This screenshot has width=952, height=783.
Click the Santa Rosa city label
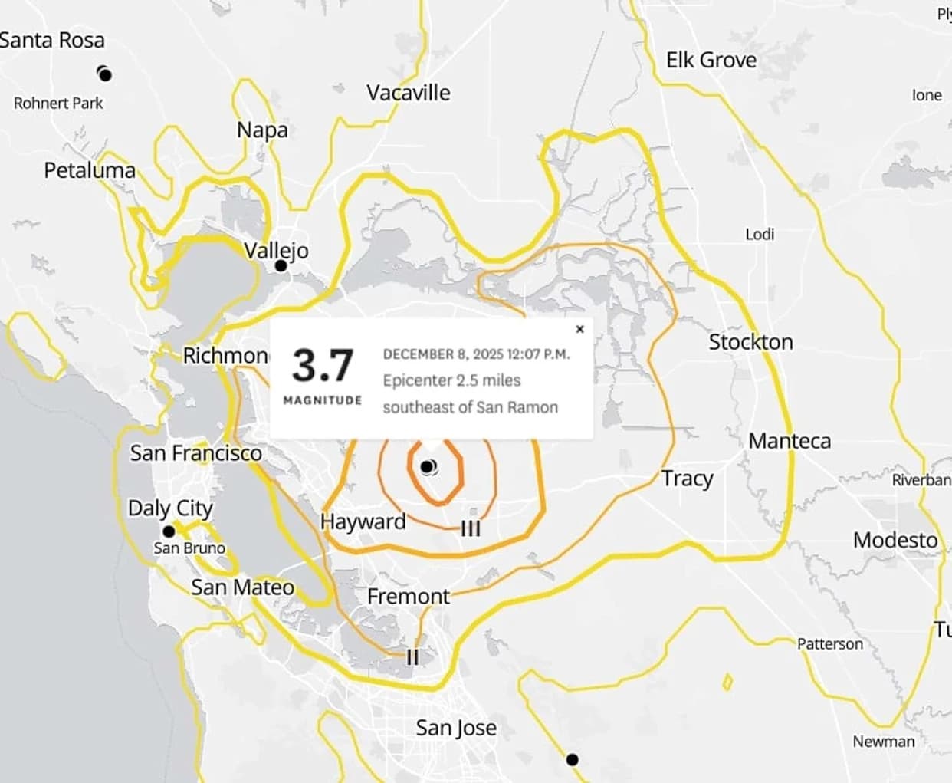coord(52,40)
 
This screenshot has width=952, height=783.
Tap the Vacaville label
coord(408,93)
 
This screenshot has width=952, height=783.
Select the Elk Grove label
coord(711,60)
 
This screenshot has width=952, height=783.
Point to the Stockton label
coord(750,342)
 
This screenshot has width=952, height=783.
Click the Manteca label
coord(790,441)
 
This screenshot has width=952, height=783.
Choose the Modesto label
coord(895,540)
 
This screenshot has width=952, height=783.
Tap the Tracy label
coord(687,479)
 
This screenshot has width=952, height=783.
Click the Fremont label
coord(409,596)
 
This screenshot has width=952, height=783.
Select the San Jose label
coord(456,727)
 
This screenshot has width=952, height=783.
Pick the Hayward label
coord(363,521)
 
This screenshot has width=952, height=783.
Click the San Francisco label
coord(195,453)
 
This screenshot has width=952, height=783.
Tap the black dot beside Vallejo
coord(281,265)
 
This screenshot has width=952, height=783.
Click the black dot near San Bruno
coord(169,531)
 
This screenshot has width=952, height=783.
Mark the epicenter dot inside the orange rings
coord(427,466)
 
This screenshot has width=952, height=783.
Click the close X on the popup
coord(579,329)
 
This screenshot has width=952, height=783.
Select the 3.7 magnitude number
coord(323,365)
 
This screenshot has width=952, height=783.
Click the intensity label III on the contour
coord(471,528)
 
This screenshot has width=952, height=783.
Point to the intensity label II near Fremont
coord(412,656)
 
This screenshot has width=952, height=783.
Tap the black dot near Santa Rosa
coord(105,74)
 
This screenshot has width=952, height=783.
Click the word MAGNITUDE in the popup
coord(323,400)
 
